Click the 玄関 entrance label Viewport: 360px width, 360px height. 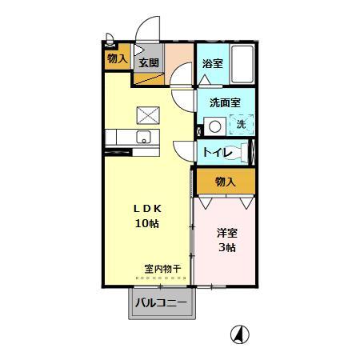click(148, 62)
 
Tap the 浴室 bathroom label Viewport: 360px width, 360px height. click(212, 64)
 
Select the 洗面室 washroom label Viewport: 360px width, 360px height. click(225, 103)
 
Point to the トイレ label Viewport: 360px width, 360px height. click(218, 152)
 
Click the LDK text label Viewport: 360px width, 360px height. click(146, 208)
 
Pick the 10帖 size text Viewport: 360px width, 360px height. click(146, 223)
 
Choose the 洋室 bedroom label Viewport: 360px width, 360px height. click(227, 233)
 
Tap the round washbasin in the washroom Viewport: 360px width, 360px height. click(214, 126)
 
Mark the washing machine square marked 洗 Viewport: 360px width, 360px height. click(239, 125)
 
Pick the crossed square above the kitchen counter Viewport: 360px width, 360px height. click(146, 114)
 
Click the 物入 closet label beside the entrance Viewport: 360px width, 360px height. click(117, 59)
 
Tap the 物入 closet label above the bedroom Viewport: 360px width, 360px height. click(226, 182)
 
